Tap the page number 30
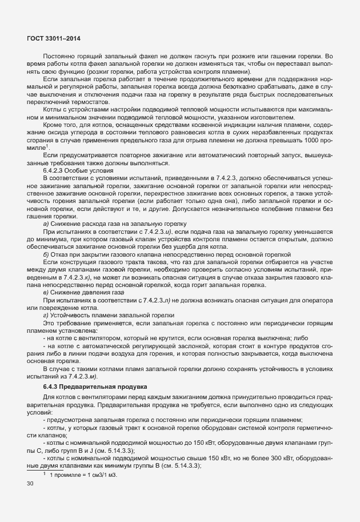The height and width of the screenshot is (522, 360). [31, 484]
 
